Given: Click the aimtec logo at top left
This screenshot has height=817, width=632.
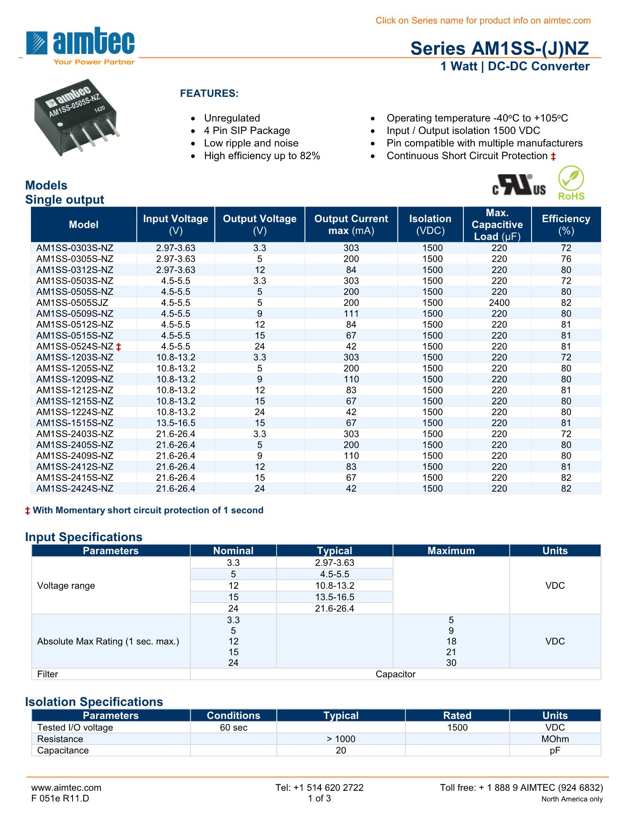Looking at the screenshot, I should pyautogui.click(x=81, y=46).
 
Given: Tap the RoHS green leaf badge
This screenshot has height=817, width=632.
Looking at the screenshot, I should pyautogui.click(x=571, y=183).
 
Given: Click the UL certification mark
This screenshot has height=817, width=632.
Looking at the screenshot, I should pyautogui.click(x=519, y=186).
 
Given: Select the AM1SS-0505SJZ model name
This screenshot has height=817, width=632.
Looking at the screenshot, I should pyautogui.click(x=72, y=303).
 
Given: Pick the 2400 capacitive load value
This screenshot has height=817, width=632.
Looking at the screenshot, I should pyautogui.click(x=499, y=303).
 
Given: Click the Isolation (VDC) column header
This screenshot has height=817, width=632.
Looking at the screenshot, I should pyautogui.click(x=430, y=225).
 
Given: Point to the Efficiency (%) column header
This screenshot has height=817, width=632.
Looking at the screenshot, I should pyautogui.click(x=566, y=225).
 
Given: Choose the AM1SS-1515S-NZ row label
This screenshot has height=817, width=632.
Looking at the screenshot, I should pyautogui.click(x=75, y=423).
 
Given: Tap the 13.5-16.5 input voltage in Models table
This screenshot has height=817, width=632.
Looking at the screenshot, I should pyautogui.click(x=175, y=423).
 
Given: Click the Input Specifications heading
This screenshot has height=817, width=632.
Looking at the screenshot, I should pyautogui.click(x=84, y=537).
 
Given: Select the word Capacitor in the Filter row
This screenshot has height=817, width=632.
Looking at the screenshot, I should pyautogui.click(x=395, y=674).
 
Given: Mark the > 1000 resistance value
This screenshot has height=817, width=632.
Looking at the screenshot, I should pyautogui.click(x=341, y=739).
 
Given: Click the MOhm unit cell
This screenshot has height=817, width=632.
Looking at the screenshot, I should pyautogui.click(x=555, y=739).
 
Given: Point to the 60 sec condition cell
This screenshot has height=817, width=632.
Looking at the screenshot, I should pyautogui.click(x=233, y=728).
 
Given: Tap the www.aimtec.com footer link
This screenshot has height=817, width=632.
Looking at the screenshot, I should pyautogui.click(x=66, y=787).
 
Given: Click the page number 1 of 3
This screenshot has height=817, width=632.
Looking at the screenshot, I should pyautogui.click(x=319, y=798).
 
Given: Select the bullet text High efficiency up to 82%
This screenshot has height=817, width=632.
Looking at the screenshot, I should pyautogui.click(x=262, y=156).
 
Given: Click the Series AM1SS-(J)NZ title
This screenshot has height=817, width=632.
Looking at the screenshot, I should pyautogui.click(x=499, y=48).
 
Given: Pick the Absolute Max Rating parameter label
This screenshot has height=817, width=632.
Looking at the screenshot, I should pyautogui.click(x=108, y=641).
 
